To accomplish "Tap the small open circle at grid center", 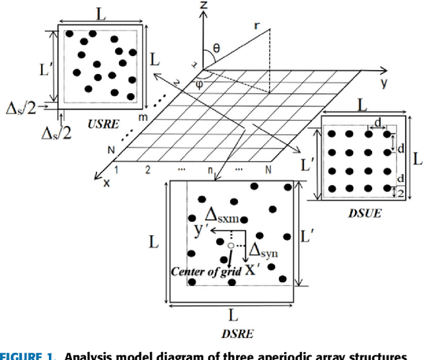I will pos(231,246).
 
